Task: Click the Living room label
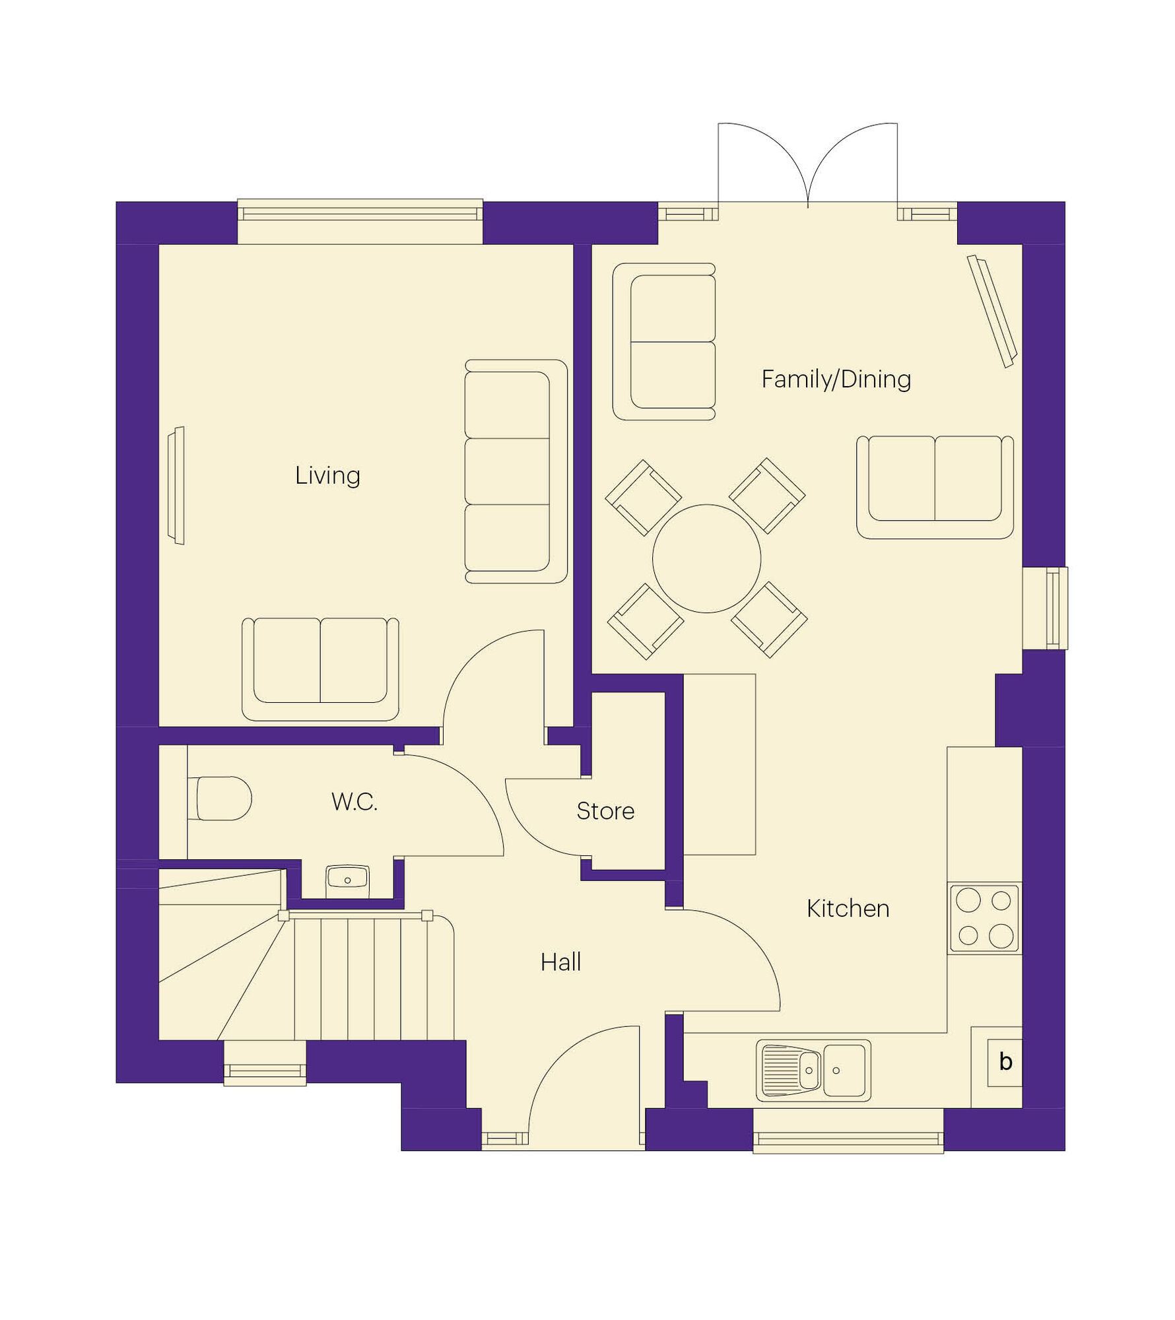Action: point(327,476)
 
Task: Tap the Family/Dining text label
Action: point(836,379)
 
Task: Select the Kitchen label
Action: point(848,909)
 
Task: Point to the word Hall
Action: point(560,962)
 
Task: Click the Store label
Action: point(605,811)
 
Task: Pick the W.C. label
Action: point(354,802)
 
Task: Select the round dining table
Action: point(706,558)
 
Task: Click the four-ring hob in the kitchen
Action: point(984,918)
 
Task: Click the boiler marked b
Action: point(1005,1062)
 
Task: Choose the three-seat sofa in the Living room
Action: point(516,471)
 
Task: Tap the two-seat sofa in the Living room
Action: point(320,669)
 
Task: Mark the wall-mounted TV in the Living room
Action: point(176,485)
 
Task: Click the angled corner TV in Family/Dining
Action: point(992,311)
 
